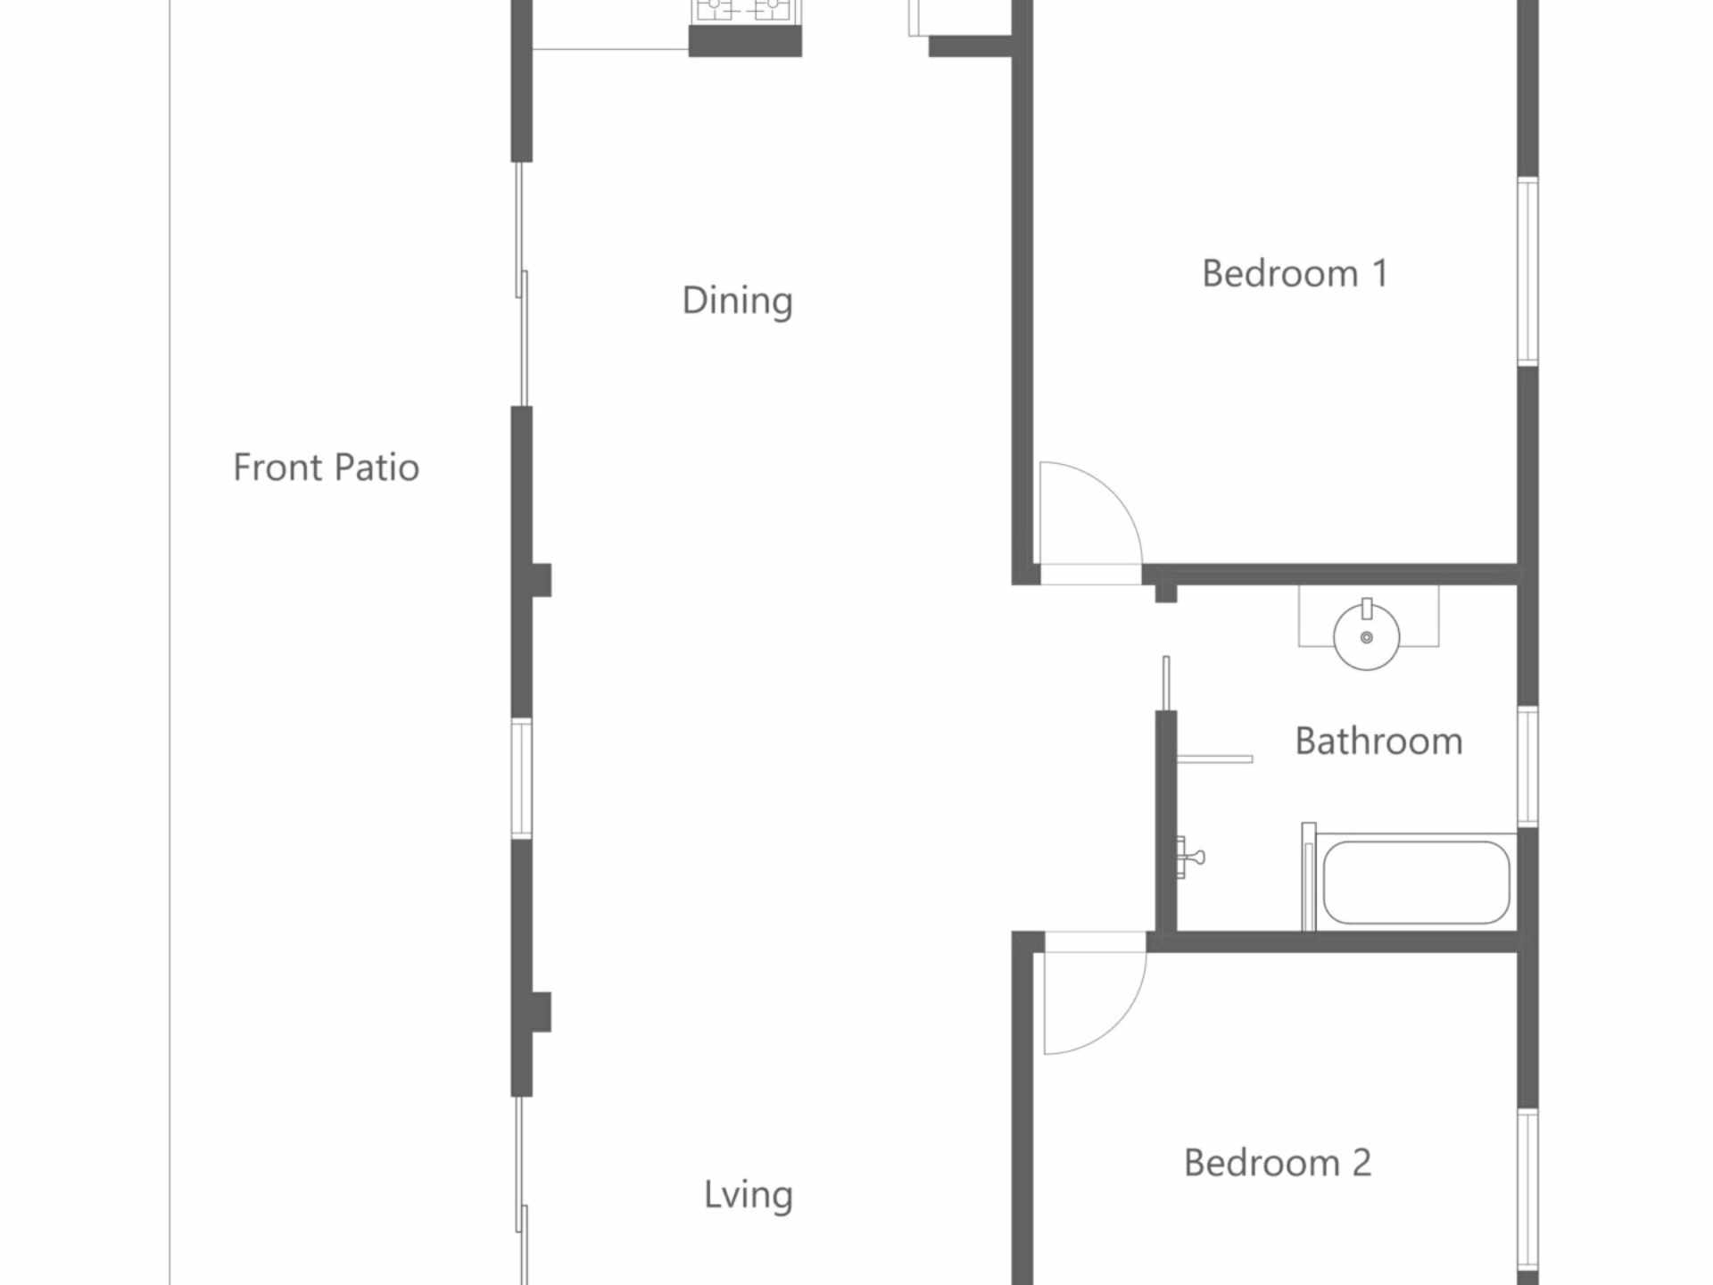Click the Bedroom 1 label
1295,273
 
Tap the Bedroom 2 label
1278,1163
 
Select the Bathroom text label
1378,742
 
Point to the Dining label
737,302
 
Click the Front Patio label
326,468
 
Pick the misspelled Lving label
748,1196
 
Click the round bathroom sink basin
1366,635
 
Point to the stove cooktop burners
744,10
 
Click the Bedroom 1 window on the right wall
1527,271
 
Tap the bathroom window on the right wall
1527,767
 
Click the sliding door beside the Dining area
522,284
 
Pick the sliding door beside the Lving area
522,1190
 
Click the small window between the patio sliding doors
522,779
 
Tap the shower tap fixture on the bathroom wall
1190,858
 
